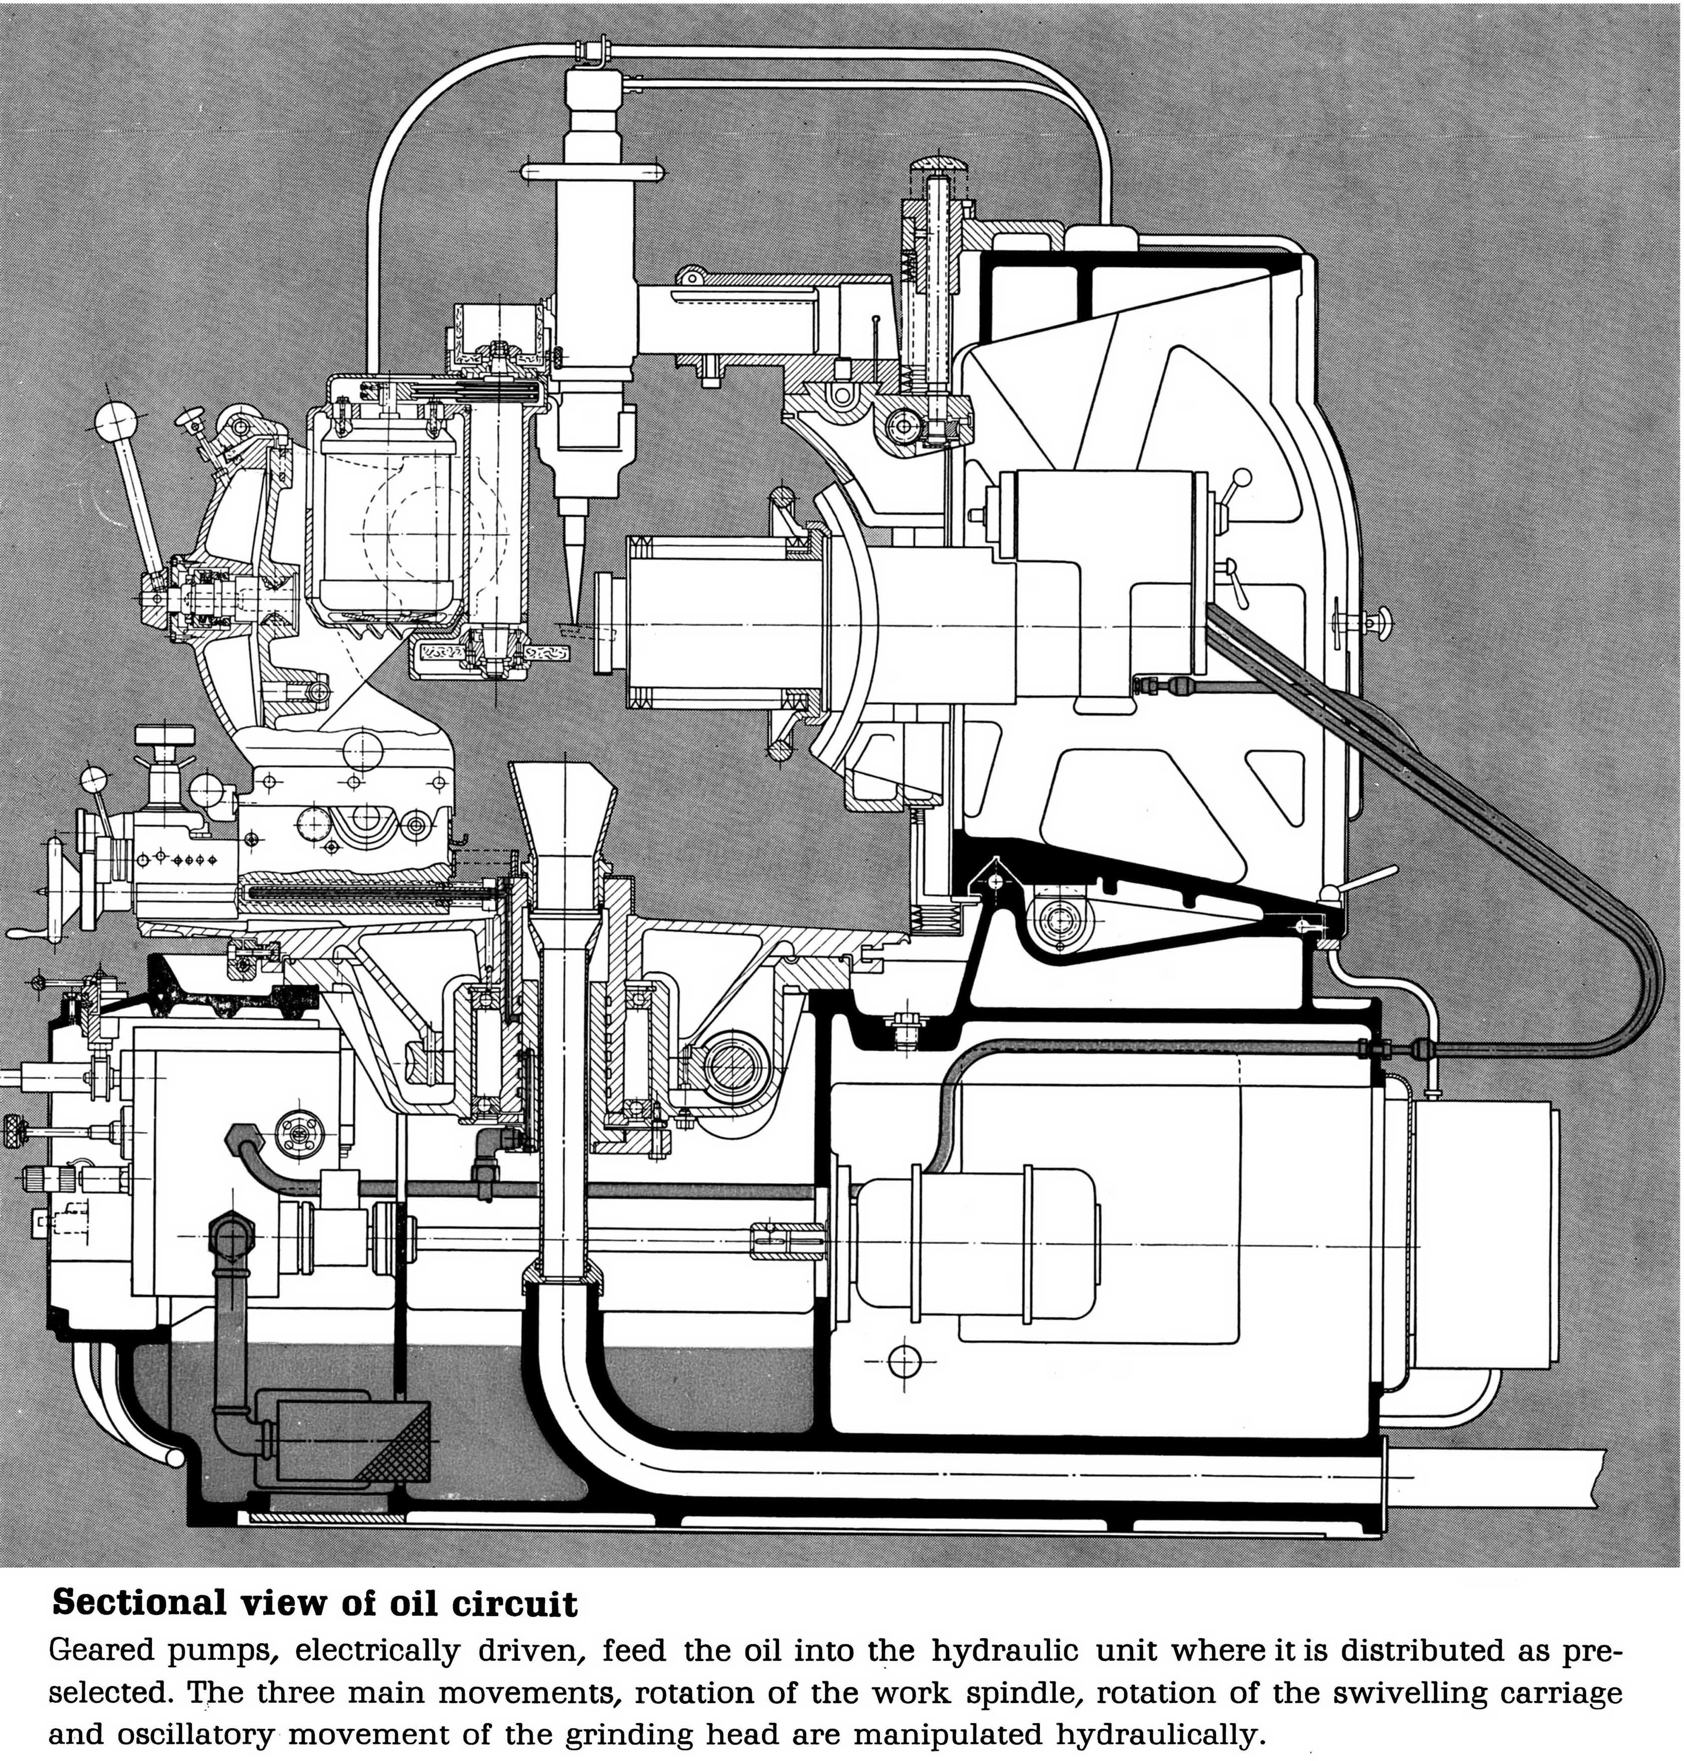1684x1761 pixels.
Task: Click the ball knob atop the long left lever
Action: [x=117, y=418]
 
